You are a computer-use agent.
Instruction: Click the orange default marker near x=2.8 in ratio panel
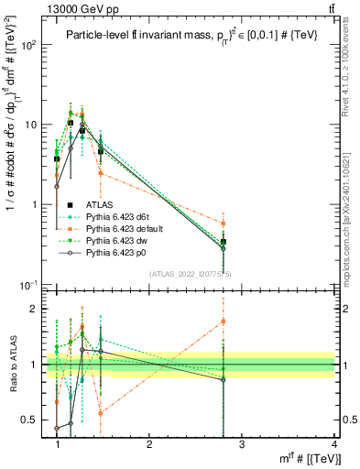pos(224,321)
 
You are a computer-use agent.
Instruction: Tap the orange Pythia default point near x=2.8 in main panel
pos(224,224)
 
